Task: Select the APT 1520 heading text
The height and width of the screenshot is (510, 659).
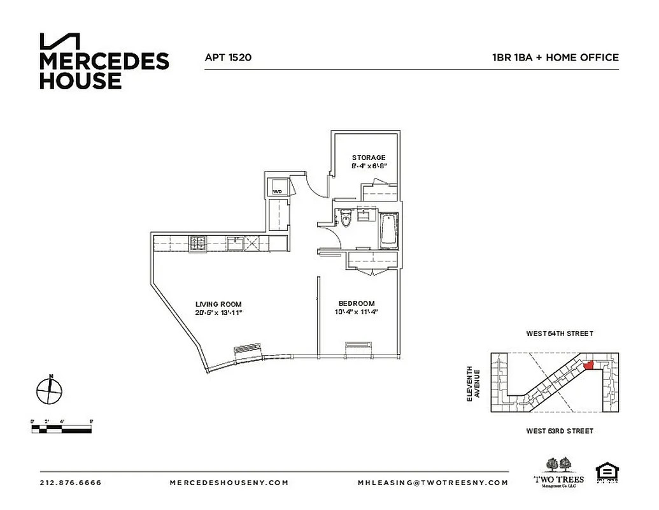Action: point(228,57)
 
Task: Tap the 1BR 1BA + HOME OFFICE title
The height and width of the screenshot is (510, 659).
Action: point(555,57)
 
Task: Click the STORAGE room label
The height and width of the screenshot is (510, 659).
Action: point(369,157)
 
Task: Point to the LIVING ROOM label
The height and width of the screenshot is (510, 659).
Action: point(218,304)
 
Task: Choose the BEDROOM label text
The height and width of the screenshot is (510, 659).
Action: point(357,303)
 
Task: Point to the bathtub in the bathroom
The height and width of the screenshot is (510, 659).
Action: point(387,231)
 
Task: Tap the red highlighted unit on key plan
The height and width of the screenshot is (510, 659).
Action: point(588,365)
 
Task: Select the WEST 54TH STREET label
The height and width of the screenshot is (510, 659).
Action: point(559,333)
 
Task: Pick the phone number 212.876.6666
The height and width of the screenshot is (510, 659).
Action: point(70,483)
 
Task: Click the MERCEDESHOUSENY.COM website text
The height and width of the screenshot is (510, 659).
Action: point(229,483)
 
